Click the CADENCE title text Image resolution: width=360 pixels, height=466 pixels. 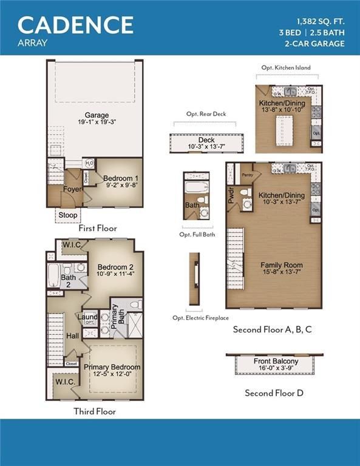tap(75, 24)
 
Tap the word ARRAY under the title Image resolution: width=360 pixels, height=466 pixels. tap(33, 43)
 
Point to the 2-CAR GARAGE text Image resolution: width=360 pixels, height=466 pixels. tap(314, 43)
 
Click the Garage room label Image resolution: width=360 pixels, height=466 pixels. tap(97, 115)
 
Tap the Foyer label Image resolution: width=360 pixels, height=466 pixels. tap(72, 189)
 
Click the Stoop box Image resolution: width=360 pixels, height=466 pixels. tap(67, 215)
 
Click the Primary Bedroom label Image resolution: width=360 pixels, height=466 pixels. tap(112, 367)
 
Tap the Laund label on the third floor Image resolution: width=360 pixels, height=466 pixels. tap(88, 316)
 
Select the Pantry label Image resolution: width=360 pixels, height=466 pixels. tap(246, 174)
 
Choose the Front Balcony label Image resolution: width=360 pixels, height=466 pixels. tap(275, 362)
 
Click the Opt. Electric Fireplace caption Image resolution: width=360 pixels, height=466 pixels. tap(200, 318)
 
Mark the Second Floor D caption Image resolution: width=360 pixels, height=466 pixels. tap(274, 393)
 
